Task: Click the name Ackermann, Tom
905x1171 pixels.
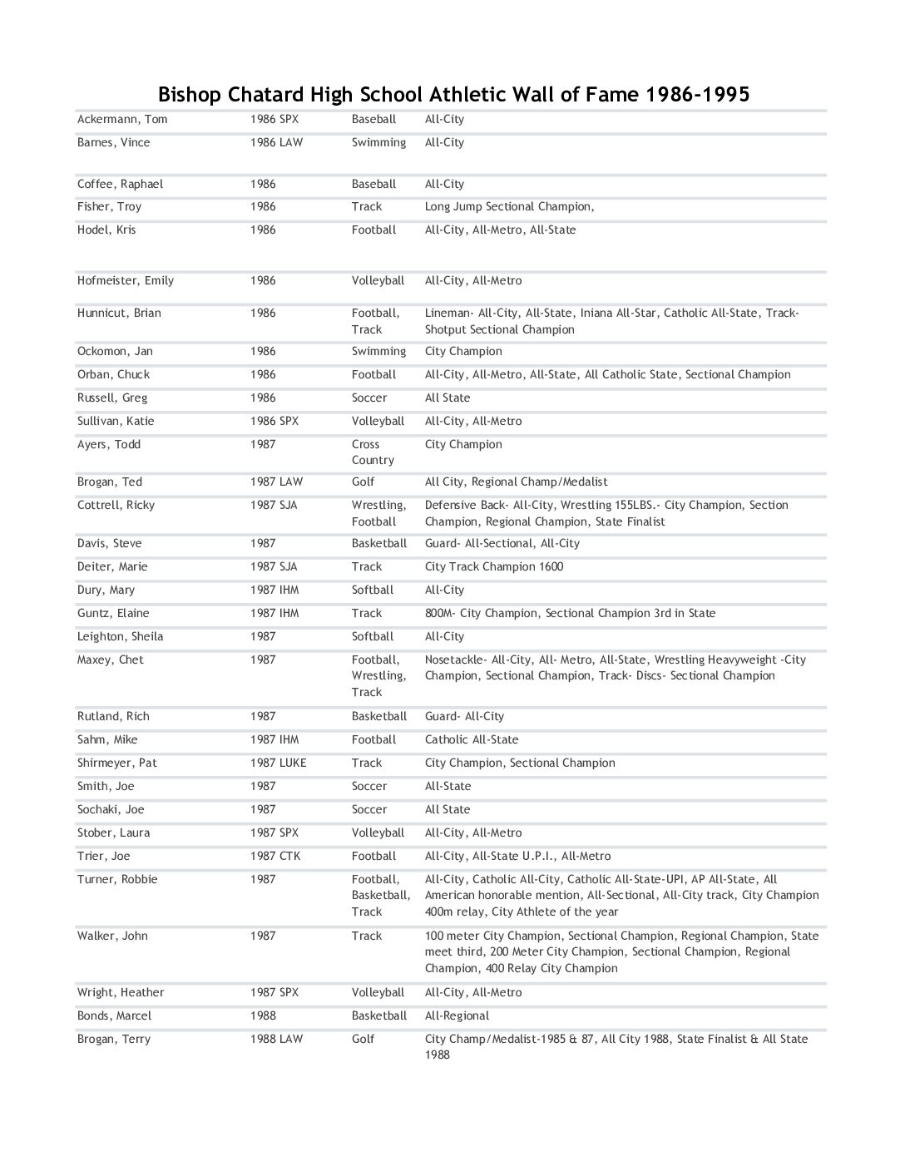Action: click(122, 119)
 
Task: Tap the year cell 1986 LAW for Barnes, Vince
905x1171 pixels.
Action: click(276, 142)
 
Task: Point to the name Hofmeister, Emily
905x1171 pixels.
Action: click(126, 280)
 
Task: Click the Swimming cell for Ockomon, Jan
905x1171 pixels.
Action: click(378, 351)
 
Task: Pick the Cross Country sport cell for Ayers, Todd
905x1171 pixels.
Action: click(372, 452)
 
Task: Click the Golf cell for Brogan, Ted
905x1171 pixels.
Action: click(363, 482)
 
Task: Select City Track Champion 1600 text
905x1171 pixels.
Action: click(494, 566)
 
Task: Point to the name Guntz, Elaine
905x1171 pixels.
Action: click(113, 613)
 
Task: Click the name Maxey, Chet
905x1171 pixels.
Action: click(111, 660)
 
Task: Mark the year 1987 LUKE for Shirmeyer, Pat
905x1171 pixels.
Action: click(278, 763)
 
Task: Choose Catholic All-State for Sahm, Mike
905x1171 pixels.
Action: click(472, 739)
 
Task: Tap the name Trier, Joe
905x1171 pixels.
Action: click(104, 856)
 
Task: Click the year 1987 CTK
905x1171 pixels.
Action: click(275, 856)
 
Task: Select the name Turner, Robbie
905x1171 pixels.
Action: click(117, 879)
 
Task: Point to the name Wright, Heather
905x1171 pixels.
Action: click(121, 992)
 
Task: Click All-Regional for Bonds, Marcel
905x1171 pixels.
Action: click(457, 1015)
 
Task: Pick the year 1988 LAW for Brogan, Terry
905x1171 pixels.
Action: click(276, 1039)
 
